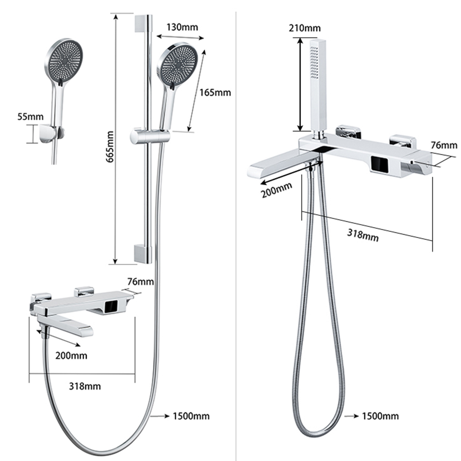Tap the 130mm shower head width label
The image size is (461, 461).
[x=182, y=27]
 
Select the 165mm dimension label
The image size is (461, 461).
[x=215, y=92]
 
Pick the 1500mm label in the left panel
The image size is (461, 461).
[x=191, y=416]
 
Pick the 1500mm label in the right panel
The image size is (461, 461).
[x=380, y=416]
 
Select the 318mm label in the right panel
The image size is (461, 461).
[x=362, y=234]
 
